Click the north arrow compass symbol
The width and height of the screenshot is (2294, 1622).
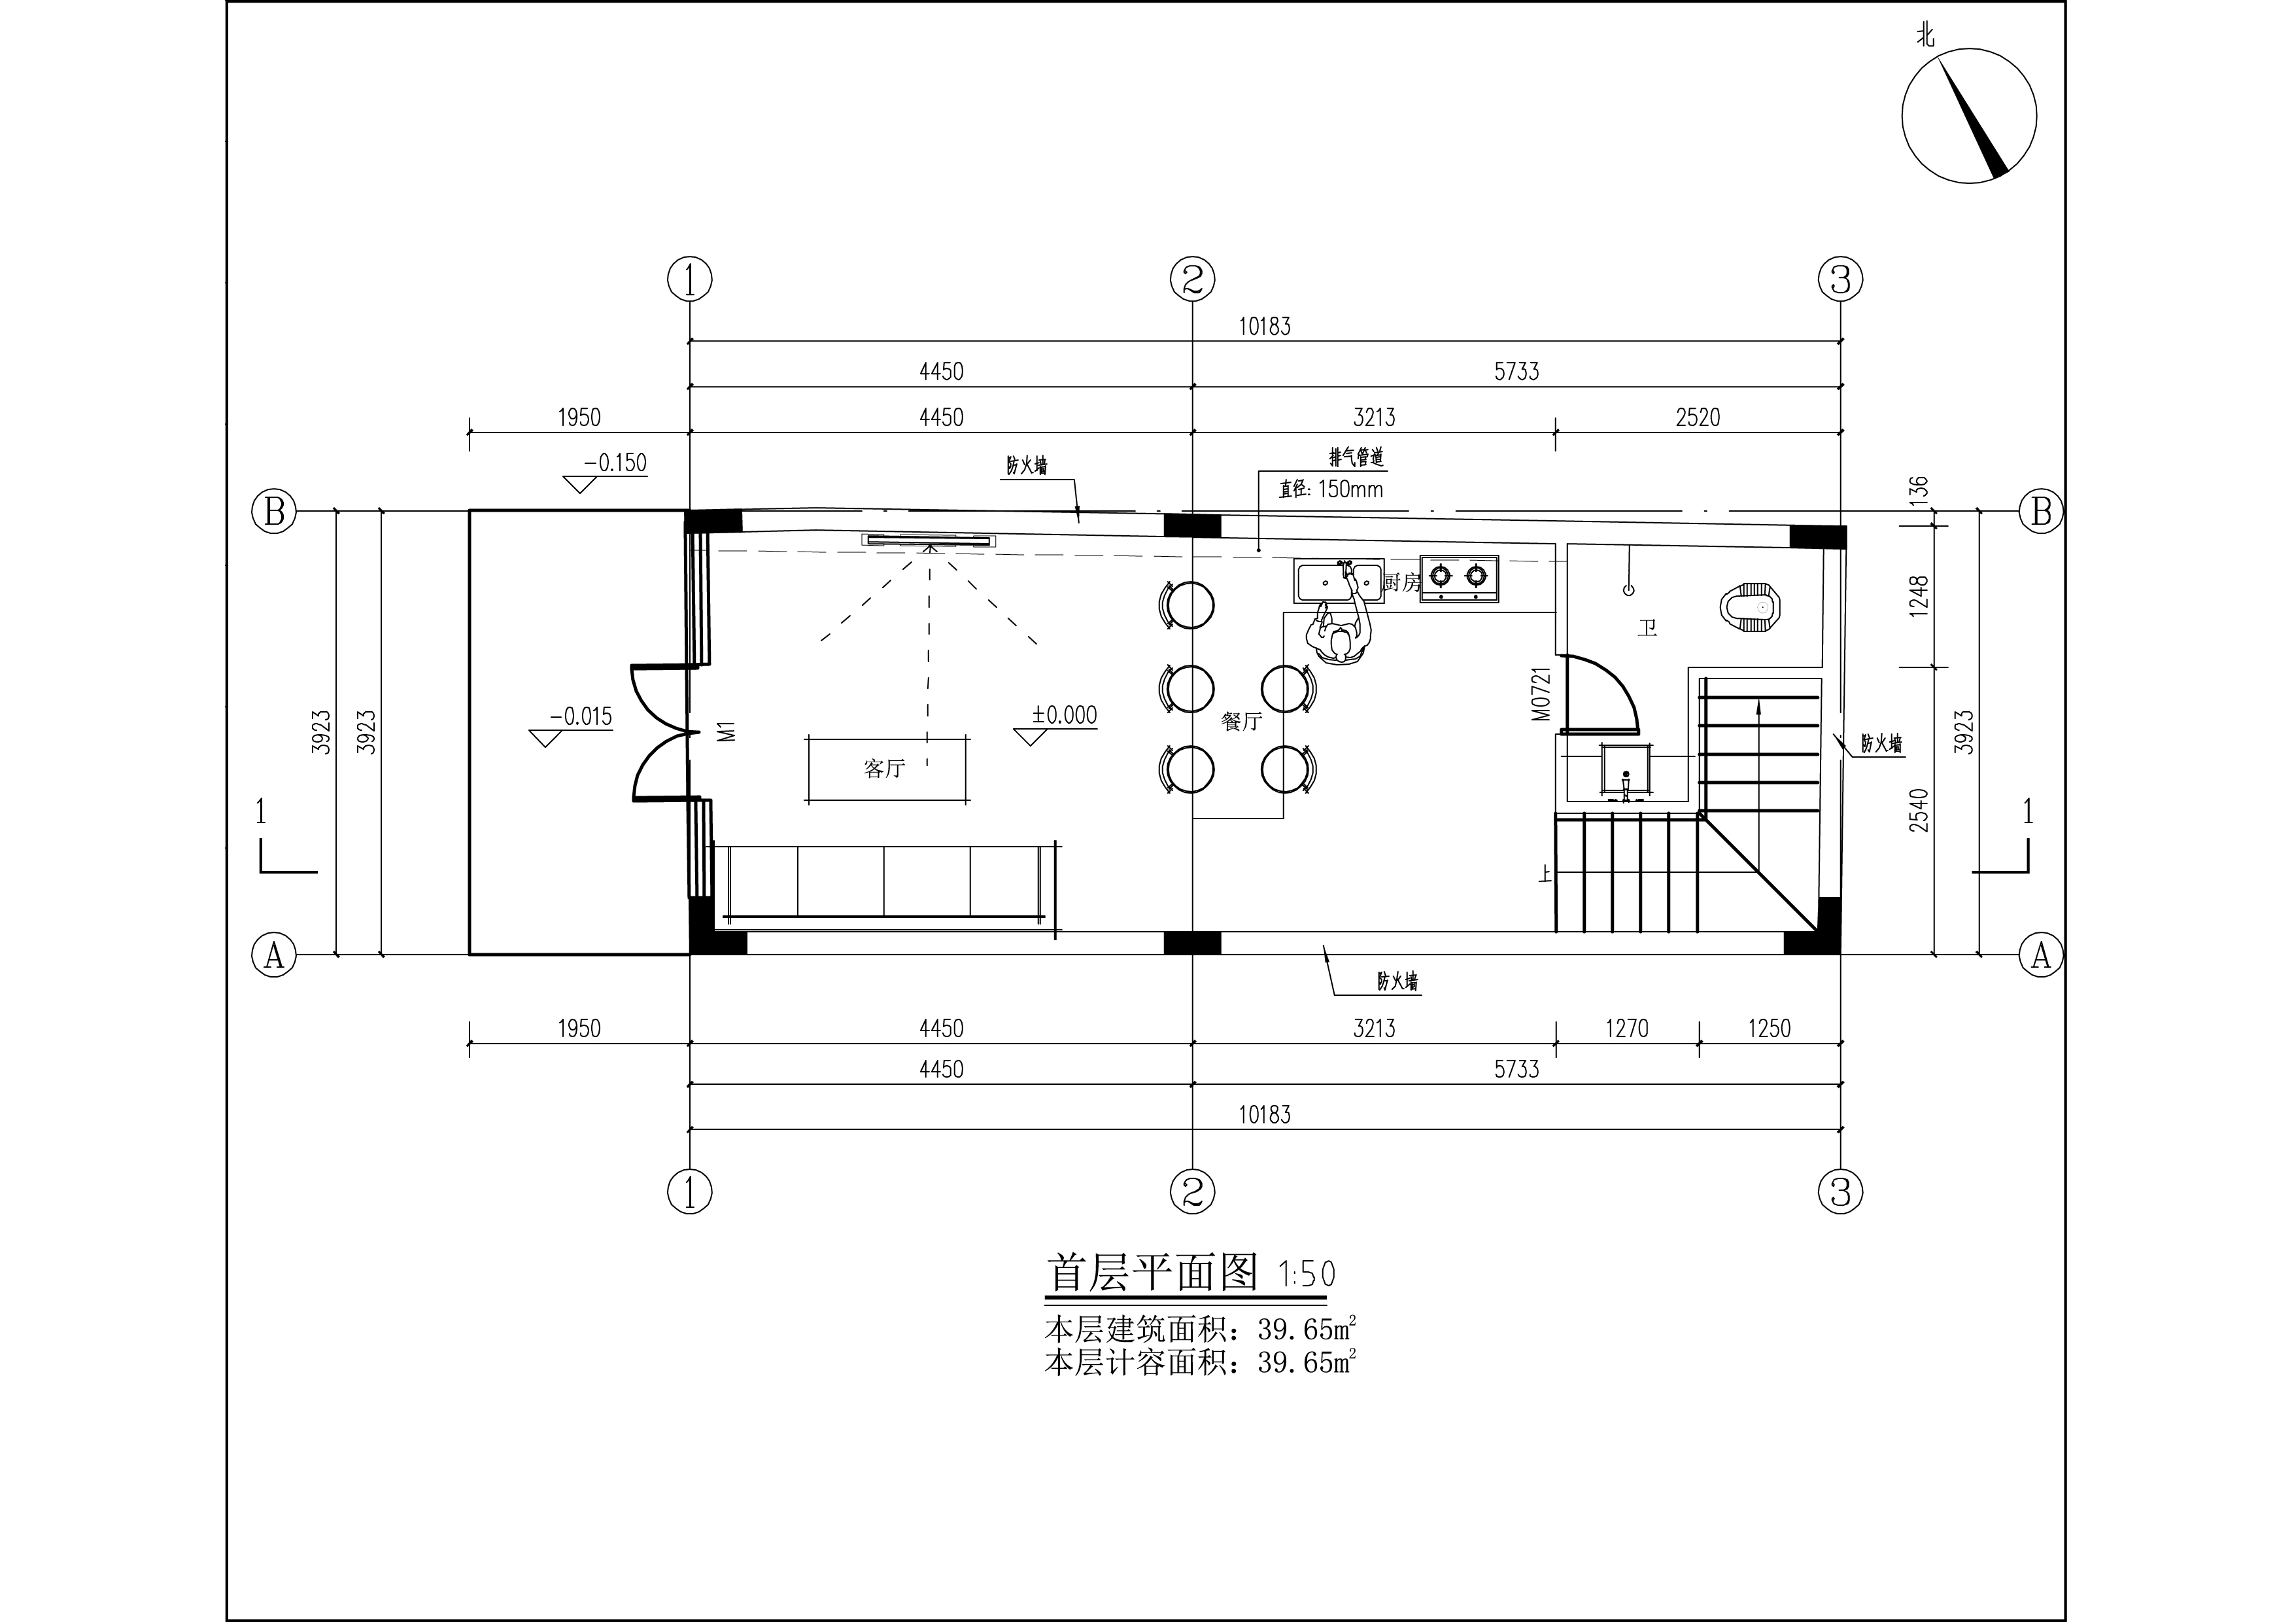[x=1968, y=116]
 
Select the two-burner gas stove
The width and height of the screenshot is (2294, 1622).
[x=1460, y=578]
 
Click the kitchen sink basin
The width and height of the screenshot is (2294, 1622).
[x=1339, y=580]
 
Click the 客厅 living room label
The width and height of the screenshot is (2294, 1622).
[x=884, y=769]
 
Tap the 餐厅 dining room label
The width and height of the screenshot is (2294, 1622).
[x=1242, y=720]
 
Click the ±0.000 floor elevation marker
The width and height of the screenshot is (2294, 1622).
[x=1064, y=716]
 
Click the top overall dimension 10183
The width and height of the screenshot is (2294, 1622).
[x=1265, y=326]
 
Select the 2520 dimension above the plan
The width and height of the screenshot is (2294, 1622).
[x=1698, y=417]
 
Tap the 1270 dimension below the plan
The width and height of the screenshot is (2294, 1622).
[x=1626, y=1029]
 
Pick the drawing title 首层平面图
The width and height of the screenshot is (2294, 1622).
[x=1152, y=1273]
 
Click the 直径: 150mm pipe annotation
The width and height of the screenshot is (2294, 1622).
[x=1331, y=489]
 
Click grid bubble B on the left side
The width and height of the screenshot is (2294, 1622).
[x=274, y=512]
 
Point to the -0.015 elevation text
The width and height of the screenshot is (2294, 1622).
[x=581, y=716]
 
